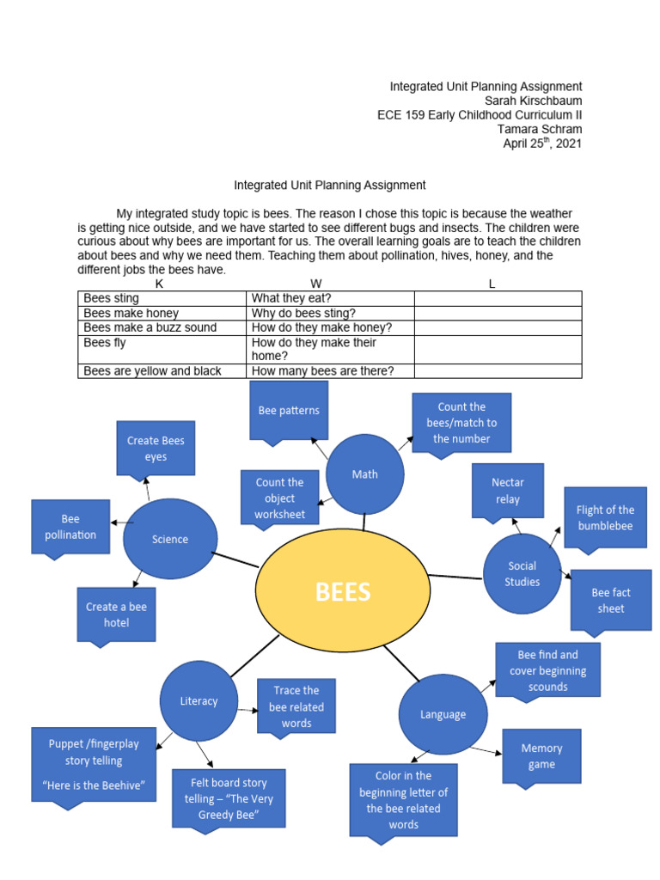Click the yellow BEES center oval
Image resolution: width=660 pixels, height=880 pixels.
pos(343,591)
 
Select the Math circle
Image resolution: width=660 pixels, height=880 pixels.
pos(365,474)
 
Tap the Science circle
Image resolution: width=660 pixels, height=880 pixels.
pos(170,539)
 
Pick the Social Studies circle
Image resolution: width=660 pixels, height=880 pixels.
pos(522,573)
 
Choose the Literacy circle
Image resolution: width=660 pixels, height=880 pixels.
pos(199,700)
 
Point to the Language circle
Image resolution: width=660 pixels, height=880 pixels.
pos(443,714)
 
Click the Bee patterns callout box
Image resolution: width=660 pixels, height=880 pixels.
pos(289,410)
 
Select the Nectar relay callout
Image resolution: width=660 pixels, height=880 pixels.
pos(507,490)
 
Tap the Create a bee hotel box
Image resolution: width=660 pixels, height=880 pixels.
pos(116,614)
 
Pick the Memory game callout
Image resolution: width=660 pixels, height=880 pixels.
pos(541,756)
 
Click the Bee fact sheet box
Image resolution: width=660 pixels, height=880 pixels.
pos(611,600)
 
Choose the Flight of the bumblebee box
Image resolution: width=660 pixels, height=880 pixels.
pos(605,517)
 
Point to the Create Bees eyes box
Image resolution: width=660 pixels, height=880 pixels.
pos(156,448)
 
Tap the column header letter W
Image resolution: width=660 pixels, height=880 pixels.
pos(316,284)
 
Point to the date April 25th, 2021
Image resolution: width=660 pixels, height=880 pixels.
pos(542,144)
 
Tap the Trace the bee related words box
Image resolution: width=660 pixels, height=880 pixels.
pos(296,706)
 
